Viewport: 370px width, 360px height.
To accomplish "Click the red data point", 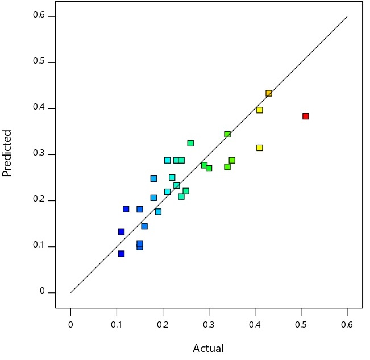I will point(305,116).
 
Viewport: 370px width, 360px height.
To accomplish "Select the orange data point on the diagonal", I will point(269,93).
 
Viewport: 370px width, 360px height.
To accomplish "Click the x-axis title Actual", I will point(208,348).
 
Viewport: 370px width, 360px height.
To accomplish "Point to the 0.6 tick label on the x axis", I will point(347,324).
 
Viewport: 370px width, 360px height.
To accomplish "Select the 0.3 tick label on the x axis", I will point(209,324).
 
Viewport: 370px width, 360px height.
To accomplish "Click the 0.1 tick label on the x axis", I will point(117,324).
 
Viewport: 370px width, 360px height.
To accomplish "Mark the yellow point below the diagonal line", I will point(260,148).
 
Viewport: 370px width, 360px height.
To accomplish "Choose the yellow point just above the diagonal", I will point(260,110).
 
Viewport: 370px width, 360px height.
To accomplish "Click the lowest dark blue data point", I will point(121,254).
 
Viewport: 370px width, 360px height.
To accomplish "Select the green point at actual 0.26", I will point(190,143).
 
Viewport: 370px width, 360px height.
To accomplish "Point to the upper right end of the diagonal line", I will point(347,16).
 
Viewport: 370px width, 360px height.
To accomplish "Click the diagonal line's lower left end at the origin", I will point(71,292).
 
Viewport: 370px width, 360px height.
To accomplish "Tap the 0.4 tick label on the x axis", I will point(255,324).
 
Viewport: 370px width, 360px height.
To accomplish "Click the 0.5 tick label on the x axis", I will point(301,324).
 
